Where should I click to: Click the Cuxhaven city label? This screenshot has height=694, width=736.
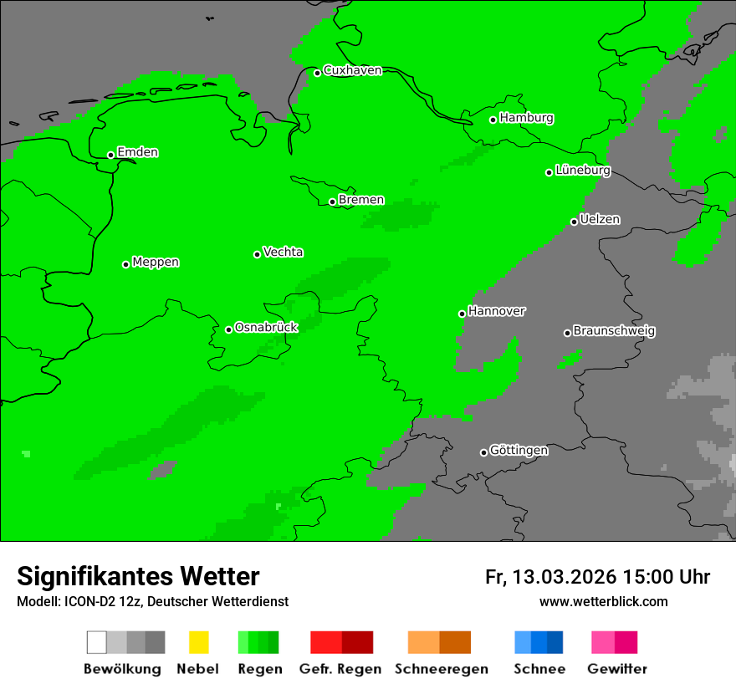(x=352, y=70)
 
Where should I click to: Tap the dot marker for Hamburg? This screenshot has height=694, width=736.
(x=493, y=120)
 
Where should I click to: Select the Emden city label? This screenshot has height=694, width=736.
(x=137, y=152)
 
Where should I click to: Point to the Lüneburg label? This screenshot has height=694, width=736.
(x=583, y=170)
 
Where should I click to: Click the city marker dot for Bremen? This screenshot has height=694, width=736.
(x=332, y=202)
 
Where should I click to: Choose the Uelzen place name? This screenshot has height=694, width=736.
(x=600, y=219)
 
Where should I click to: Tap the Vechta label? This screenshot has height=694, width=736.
(x=283, y=252)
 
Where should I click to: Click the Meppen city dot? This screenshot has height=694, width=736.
(x=125, y=264)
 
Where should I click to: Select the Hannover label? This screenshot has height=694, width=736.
(x=497, y=311)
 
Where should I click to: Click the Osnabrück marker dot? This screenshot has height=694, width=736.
(x=228, y=329)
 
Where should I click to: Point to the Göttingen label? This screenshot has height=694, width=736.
(x=519, y=451)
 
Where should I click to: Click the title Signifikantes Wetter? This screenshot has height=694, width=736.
(x=138, y=576)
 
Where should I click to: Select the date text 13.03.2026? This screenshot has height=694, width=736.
(x=564, y=577)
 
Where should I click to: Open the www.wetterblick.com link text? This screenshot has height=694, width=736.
(x=603, y=601)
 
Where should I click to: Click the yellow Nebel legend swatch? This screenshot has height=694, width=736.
(x=198, y=642)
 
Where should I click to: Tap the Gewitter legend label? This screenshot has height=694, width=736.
(x=616, y=669)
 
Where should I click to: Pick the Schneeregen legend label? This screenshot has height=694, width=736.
(x=441, y=669)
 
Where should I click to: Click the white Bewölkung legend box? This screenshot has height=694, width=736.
(x=97, y=642)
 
